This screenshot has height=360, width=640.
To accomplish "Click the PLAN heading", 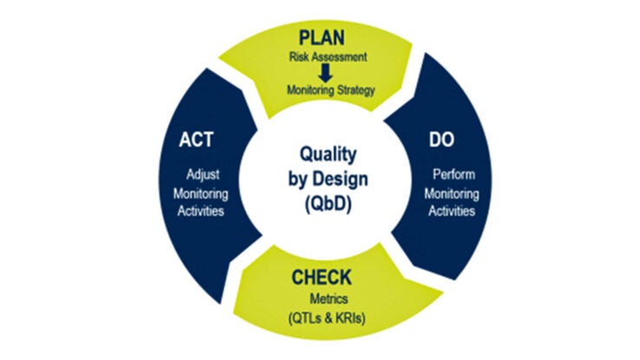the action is coord(322,38).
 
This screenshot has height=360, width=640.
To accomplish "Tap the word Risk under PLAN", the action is coord(297,56).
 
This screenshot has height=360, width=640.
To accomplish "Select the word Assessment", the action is coord(337,56).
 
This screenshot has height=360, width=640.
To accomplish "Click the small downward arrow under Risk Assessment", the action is coord(325,74).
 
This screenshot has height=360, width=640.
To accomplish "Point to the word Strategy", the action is coord(356,90).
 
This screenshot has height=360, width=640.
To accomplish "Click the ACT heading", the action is coord(196,140).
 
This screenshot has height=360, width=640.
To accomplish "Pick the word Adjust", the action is coord(203,174).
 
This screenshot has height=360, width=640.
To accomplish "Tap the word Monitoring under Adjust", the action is coord(201,193).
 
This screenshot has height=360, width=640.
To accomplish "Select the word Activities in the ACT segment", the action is coord(201,211).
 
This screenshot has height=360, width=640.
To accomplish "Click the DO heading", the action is coord(441,140).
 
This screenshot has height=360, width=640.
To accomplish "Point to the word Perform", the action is coord(454,174).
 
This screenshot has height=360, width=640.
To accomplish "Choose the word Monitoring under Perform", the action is coord(452,193).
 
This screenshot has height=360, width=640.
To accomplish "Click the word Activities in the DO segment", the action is coord(452,211).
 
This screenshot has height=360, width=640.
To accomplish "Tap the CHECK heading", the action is coord(321,278).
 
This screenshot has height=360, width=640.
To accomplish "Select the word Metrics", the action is coord(329,298).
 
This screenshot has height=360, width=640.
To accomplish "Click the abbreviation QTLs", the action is coord(307,318).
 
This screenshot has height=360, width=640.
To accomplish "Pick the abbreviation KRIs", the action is coord(349,318).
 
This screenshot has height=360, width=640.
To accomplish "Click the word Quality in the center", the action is coord(328,154).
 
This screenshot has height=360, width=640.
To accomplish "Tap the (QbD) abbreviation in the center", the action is coord(328,204).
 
